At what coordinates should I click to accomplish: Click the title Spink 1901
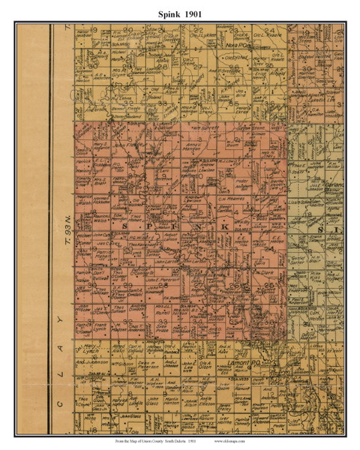click(180, 13)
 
